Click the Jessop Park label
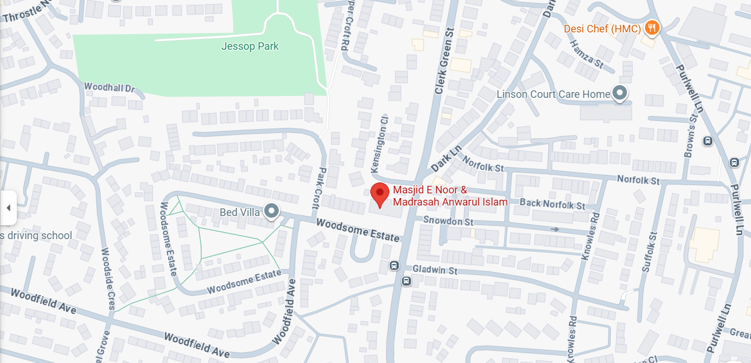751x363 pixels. click(250, 46)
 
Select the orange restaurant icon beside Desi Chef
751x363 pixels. click(652, 27)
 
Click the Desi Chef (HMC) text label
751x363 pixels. click(603, 28)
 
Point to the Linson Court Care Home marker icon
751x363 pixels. click(621, 93)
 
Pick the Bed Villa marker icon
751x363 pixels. click(271, 211)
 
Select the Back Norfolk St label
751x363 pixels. click(552, 204)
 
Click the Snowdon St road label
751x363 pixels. click(448, 221)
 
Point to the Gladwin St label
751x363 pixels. click(435, 270)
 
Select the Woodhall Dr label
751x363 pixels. click(109, 88)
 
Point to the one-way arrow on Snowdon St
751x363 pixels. click(555, 229)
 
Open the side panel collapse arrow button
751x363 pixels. click(8, 207)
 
